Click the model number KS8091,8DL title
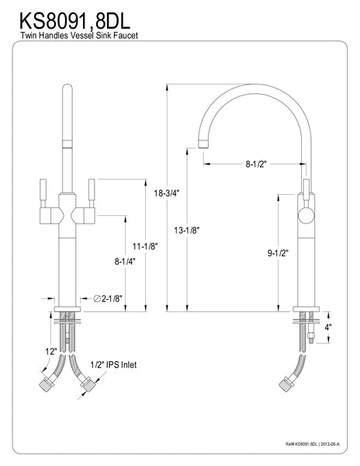(74, 20)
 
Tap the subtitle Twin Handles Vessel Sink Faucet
(79, 36)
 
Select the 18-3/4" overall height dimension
(167, 193)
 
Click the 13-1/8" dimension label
(187, 230)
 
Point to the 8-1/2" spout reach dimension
(256, 164)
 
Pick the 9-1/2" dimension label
(278, 253)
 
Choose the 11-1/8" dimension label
(145, 246)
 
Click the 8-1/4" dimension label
(125, 262)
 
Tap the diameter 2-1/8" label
(108, 298)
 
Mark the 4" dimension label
(328, 327)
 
